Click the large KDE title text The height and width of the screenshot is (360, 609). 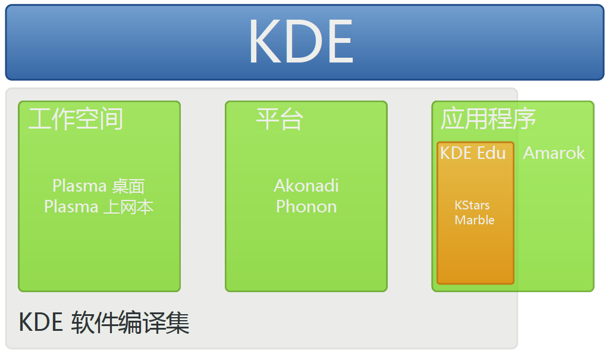pyautogui.click(x=301, y=41)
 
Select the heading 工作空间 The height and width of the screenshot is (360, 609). pyautogui.click(x=76, y=118)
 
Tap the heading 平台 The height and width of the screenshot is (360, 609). pyautogui.click(x=280, y=118)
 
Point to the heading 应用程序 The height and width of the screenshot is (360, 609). pyautogui.click(x=488, y=118)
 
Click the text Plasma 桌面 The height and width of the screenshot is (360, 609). pyautogui.click(x=99, y=186)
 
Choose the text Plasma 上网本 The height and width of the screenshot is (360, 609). pyautogui.click(x=99, y=206)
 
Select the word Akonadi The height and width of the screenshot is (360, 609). pyautogui.click(x=306, y=186)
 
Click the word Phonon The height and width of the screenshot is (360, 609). pyautogui.click(x=306, y=206)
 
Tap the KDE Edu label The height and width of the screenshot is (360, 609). pyautogui.click(x=473, y=153)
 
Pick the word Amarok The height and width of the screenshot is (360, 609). pyautogui.click(x=554, y=153)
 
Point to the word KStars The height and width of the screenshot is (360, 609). pyautogui.click(x=472, y=205)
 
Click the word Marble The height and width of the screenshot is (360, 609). pyautogui.click(x=474, y=220)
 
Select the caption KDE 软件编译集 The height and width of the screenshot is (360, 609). pyautogui.click(x=104, y=323)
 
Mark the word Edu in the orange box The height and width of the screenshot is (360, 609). pyautogui.click(x=491, y=153)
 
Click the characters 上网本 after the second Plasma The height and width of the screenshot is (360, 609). pyautogui.click(x=128, y=207)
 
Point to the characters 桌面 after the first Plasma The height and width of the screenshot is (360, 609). pyautogui.click(x=128, y=186)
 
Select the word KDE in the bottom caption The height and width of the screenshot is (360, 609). pyautogui.click(x=41, y=323)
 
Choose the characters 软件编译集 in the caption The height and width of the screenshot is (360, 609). pyautogui.click(x=130, y=323)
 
